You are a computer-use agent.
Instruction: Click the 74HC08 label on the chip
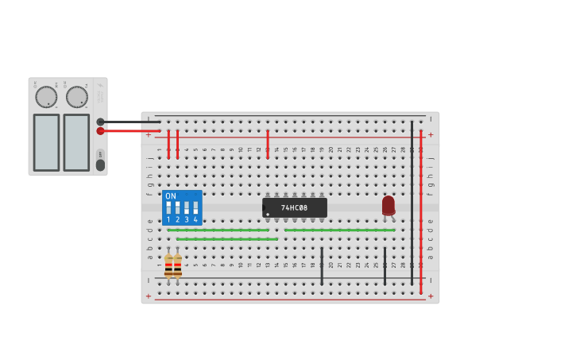[x=294, y=207]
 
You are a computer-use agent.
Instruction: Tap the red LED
[x=388, y=206]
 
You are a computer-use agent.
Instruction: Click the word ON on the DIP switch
[x=170, y=196]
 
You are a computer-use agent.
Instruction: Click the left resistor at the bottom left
[x=168, y=265]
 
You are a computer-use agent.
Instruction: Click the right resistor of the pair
[x=177, y=265]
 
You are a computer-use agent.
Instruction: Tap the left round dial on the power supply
[x=46, y=97]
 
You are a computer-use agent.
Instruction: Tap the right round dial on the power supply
[x=76, y=97]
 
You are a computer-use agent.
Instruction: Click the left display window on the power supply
[x=46, y=142]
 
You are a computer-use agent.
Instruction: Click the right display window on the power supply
[x=76, y=142]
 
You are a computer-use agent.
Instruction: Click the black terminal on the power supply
[x=100, y=122]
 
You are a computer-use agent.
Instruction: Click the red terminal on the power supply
[x=100, y=130]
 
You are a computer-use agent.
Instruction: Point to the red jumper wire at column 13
[x=268, y=144]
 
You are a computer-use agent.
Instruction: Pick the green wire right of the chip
[x=339, y=230]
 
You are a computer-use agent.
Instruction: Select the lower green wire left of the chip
[x=226, y=238]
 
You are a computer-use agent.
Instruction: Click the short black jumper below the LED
[x=385, y=265]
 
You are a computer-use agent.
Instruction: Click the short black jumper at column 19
[x=322, y=265]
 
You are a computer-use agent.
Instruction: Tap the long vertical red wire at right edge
[x=421, y=211]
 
